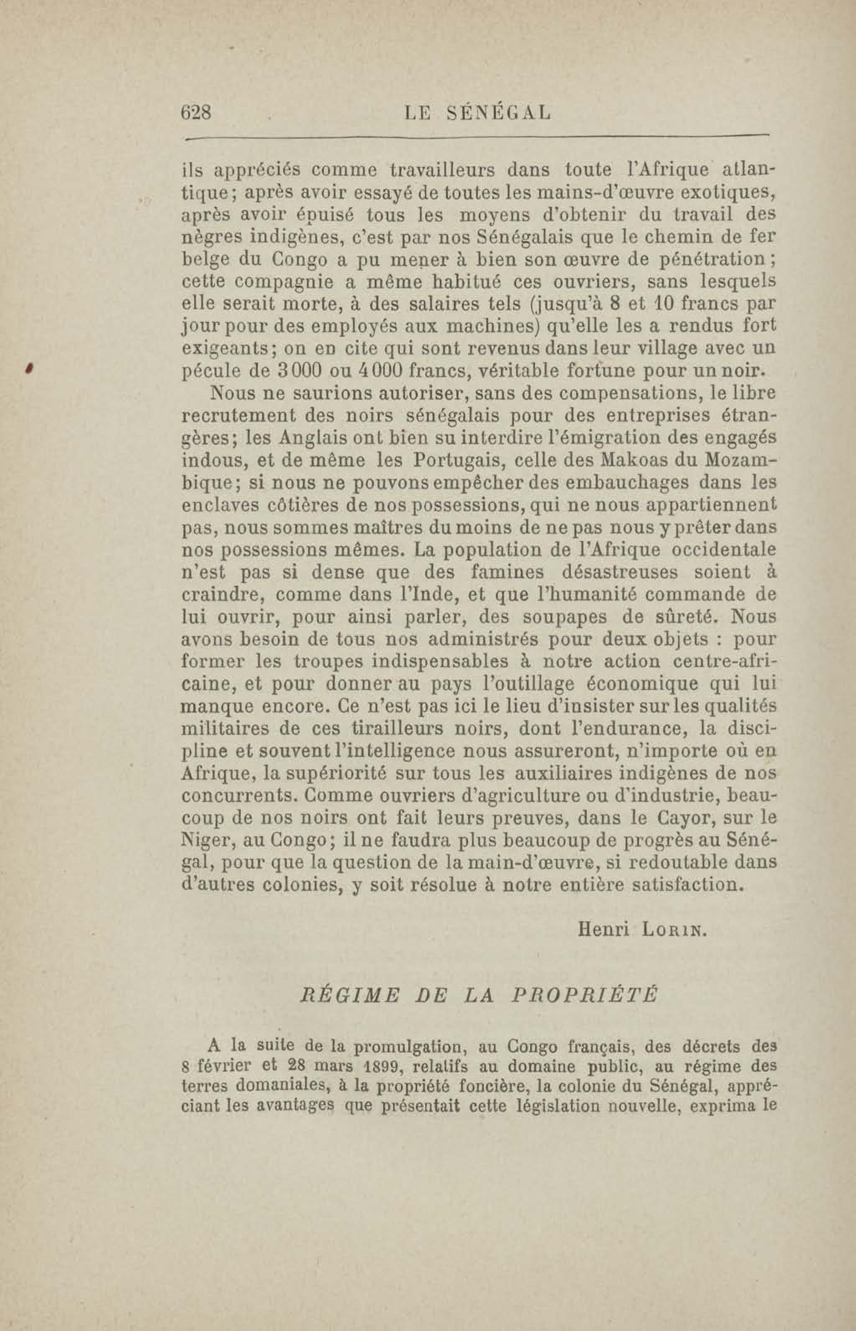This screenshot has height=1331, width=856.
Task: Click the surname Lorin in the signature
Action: click(x=673, y=929)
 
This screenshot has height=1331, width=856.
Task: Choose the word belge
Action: click(x=205, y=260)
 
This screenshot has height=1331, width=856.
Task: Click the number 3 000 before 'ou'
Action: click(x=297, y=371)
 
